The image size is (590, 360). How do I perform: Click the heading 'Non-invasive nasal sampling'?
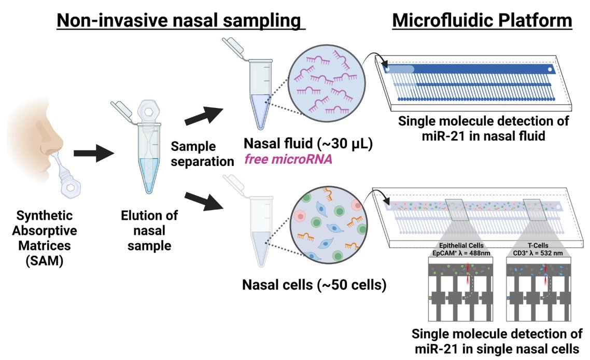(179, 20)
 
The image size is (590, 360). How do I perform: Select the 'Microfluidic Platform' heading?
(482, 20)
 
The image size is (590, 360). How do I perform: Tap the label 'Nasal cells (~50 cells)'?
(314, 284)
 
